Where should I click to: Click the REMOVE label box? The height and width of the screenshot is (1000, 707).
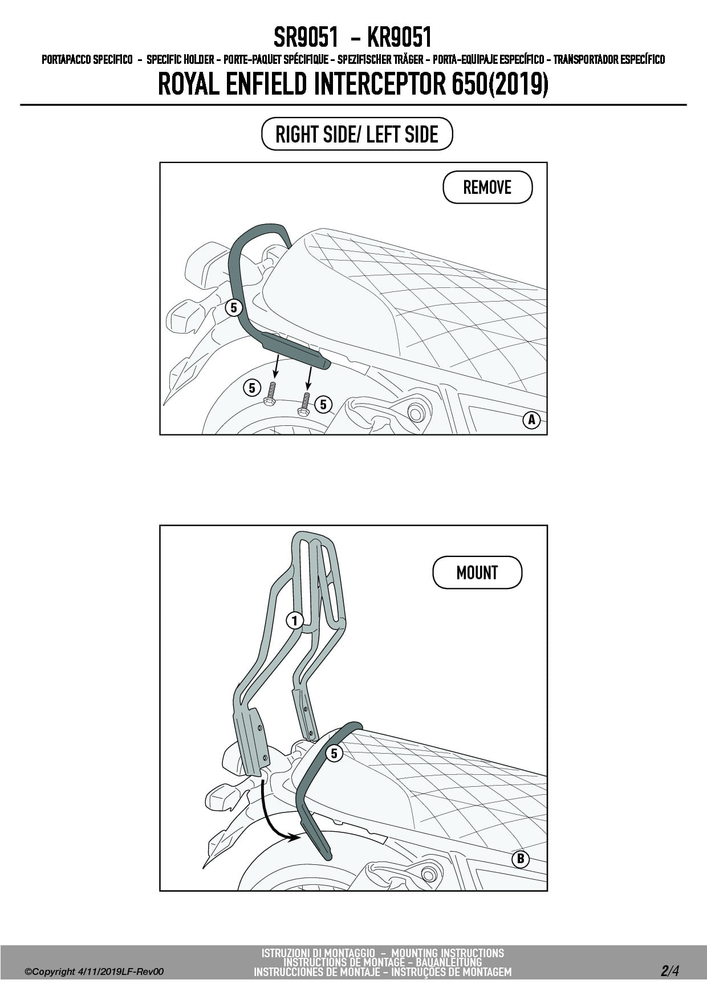(x=487, y=188)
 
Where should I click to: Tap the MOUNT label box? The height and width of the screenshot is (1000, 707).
(x=477, y=572)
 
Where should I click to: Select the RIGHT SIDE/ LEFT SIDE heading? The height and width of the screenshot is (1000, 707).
(x=357, y=135)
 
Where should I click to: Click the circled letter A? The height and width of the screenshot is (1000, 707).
(x=531, y=420)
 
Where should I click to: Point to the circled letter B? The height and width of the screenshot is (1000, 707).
(x=521, y=859)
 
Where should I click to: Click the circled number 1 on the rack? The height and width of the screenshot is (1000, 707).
(x=294, y=620)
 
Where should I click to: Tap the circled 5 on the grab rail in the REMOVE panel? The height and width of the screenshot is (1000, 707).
(x=234, y=308)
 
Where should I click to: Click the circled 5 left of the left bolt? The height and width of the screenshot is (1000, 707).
(x=252, y=388)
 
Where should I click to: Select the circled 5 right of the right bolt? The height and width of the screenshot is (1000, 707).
(x=323, y=404)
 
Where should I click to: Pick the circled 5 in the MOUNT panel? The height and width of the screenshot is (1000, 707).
(x=334, y=753)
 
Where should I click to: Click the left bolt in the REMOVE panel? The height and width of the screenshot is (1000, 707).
(x=270, y=393)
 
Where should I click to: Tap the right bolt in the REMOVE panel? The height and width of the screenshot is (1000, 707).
(x=304, y=404)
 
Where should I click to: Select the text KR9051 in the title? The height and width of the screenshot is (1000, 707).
(x=399, y=38)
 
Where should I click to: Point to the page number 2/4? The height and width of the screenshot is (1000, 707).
(x=670, y=970)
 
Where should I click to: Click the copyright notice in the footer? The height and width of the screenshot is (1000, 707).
(x=94, y=971)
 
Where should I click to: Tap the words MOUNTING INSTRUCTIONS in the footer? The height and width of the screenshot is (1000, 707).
(x=448, y=953)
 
